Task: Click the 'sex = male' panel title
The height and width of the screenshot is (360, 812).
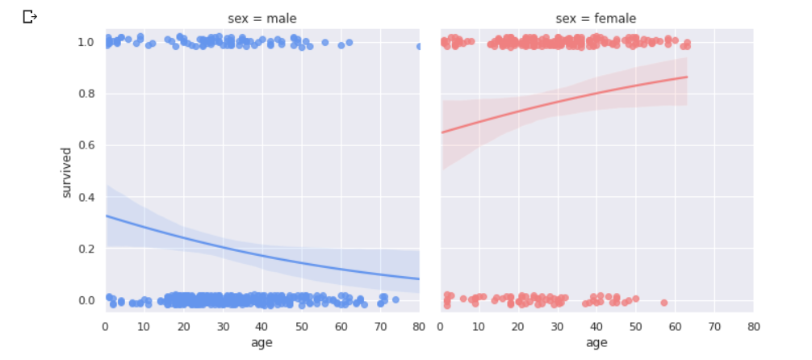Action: [x=262, y=19]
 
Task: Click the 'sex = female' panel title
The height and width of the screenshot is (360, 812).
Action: [x=596, y=19]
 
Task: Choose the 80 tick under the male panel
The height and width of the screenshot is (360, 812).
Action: [x=419, y=326]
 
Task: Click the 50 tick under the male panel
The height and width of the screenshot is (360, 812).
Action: [x=301, y=326]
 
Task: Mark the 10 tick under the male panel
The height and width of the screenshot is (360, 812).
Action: [x=144, y=326]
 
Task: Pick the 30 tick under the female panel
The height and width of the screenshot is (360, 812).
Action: [x=557, y=326]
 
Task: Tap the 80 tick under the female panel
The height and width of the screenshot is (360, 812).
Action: [x=753, y=326]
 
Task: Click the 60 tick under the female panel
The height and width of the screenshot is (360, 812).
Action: [x=675, y=326]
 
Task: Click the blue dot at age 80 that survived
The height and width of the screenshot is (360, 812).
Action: [x=419, y=46]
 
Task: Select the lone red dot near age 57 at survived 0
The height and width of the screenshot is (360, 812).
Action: [x=663, y=303]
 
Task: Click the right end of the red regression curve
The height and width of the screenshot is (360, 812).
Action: [x=687, y=77]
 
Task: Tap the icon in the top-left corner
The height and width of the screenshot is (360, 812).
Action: [x=30, y=16]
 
